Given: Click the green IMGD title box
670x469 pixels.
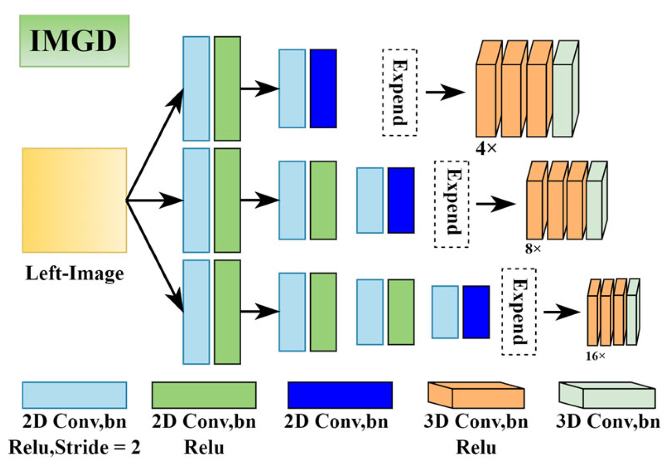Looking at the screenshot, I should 74,41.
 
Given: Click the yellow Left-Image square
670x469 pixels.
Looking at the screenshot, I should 74,201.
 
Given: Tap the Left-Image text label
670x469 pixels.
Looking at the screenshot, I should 74,273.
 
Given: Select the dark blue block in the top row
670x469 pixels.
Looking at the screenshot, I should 323,89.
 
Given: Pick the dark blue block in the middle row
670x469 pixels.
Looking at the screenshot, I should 401,200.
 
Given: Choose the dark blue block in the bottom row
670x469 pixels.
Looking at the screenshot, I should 476,312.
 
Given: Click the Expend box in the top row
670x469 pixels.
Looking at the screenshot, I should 399,92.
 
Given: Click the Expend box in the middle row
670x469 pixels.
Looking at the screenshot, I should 451,204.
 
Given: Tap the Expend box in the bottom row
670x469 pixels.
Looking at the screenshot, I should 519,312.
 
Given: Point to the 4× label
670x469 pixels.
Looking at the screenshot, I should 486,149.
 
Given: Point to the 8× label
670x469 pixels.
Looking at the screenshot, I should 533,249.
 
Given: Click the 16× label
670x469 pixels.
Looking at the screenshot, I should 595,356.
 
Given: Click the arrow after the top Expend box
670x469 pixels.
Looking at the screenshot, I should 445,92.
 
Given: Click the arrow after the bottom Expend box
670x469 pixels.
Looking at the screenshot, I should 561,312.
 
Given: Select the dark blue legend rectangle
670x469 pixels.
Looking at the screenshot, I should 340,395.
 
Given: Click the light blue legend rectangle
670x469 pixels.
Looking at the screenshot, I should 74,395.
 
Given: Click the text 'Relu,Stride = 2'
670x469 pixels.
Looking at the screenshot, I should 74,447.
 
